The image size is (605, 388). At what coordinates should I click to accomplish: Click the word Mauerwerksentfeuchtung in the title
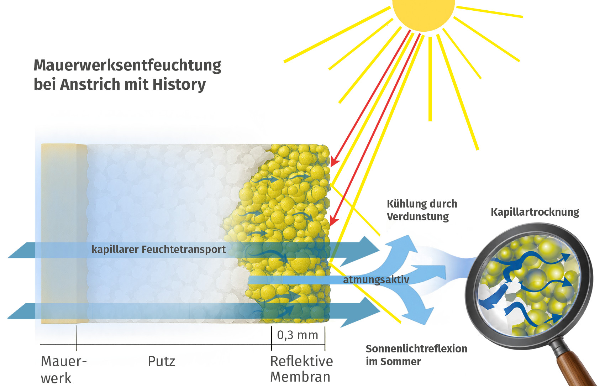click(127, 65)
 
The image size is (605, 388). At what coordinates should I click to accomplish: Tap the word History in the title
click(179, 84)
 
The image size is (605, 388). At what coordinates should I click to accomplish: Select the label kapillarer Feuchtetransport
click(158, 250)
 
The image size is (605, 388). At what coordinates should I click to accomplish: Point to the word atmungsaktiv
click(376, 280)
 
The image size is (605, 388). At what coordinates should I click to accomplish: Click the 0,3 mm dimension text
click(298, 335)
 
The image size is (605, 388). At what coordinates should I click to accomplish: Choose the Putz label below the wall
click(162, 362)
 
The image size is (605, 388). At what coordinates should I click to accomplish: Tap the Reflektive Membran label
click(301, 369)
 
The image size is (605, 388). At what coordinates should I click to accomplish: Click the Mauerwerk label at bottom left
click(64, 369)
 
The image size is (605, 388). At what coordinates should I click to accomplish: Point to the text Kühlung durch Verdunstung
click(422, 210)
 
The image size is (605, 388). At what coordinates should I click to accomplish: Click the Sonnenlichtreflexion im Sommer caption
click(416, 355)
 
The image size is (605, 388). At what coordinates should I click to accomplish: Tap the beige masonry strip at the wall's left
click(64, 234)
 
